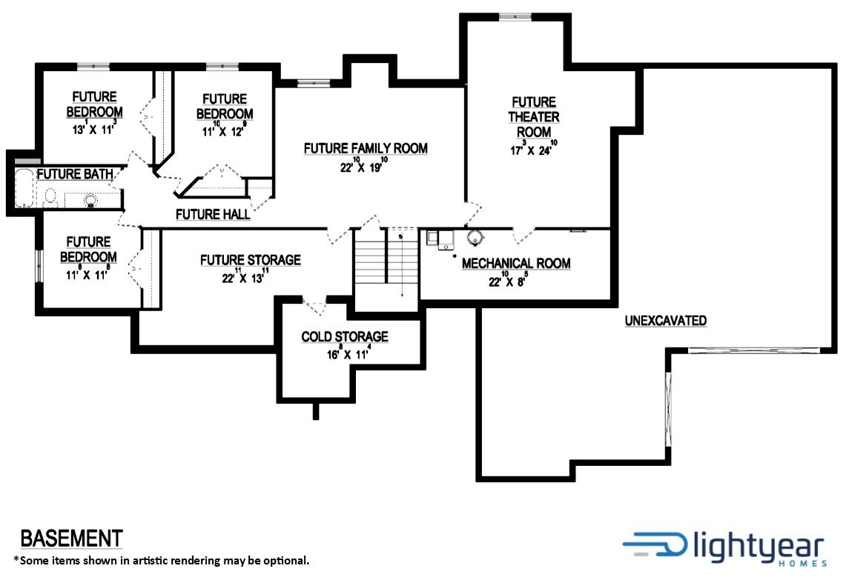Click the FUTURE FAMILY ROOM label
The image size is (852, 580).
pos(366,148)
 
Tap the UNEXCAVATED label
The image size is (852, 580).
pos(666,320)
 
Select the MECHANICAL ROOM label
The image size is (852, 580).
pos(516,263)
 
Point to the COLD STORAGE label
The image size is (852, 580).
pos(345,336)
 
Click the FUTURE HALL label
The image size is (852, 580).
pos(213,214)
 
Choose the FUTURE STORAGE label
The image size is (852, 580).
pos(251,260)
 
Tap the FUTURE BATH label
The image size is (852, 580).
pos(75,174)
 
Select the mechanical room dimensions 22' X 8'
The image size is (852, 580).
pos(508,279)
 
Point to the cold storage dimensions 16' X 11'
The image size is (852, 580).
pos(349,353)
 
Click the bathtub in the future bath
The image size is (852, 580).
pos(24,188)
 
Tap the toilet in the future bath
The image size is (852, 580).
pos(50,198)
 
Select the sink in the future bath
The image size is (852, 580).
pos(90,201)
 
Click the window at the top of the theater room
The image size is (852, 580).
pos(515,17)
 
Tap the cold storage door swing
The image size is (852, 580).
pos(314,305)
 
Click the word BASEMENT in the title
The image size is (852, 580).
pos(71,539)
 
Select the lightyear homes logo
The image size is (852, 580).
pos(726,549)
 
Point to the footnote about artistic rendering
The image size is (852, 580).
pos(162,560)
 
